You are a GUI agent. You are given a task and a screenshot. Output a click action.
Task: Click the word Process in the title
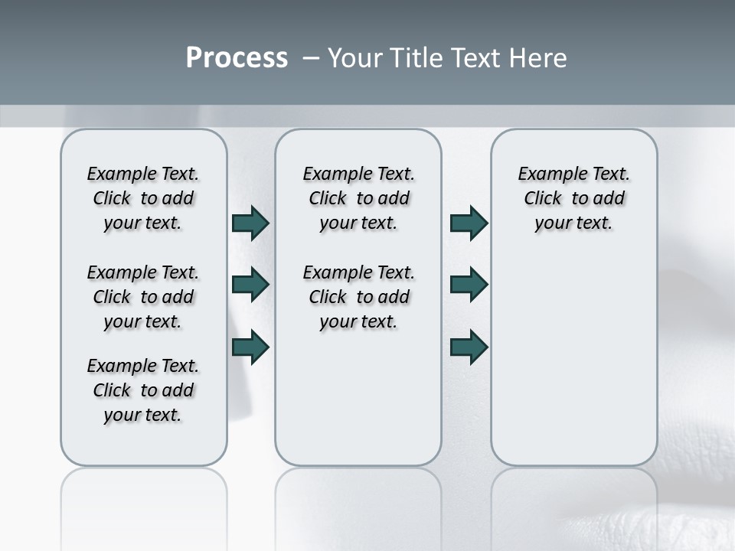click(x=237, y=58)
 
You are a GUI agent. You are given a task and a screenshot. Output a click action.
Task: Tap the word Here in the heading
click(x=539, y=58)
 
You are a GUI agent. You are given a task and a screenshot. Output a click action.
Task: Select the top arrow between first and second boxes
click(x=250, y=223)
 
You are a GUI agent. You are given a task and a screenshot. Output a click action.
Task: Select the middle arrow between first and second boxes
click(x=250, y=285)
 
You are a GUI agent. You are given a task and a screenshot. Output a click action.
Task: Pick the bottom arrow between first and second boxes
click(x=250, y=347)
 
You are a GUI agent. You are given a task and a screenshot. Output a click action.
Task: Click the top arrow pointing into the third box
click(x=469, y=223)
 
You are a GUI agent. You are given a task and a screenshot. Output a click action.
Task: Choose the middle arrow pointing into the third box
click(x=469, y=285)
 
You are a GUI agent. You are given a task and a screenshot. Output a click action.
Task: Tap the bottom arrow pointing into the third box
click(x=469, y=347)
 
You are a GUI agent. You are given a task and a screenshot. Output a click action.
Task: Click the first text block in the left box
click(x=143, y=198)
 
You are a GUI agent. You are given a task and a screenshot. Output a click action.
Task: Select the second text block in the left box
click(x=143, y=297)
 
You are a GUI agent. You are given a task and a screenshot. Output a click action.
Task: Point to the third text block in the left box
click(x=143, y=390)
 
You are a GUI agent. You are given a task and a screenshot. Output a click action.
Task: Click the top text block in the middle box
click(x=358, y=198)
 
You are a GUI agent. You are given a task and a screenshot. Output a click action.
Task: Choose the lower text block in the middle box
click(x=358, y=297)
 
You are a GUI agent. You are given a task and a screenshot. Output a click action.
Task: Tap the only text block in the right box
click(x=573, y=198)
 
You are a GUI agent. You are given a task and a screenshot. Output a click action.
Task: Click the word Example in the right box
click(x=549, y=174)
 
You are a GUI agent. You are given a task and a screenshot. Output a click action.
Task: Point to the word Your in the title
click(x=353, y=58)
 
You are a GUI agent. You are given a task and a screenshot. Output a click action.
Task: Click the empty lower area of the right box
click(x=573, y=360)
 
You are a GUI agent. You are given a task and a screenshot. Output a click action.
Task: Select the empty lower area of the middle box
click(x=358, y=398)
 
